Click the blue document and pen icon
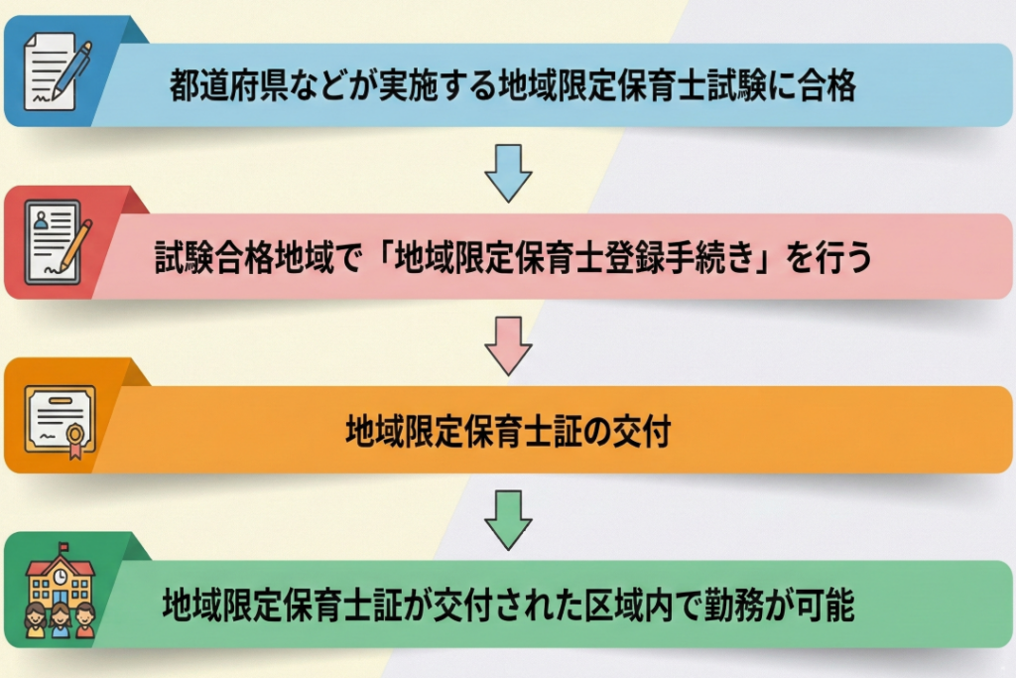click(57, 70)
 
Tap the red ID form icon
click(58, 242)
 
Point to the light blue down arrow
click(508, 173)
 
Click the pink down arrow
click(508, 345)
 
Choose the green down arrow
click(508, 520)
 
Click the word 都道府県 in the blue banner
click(229, 85)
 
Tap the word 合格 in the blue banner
click(826, 85)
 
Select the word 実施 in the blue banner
click(408, 85)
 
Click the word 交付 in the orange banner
click(642, 431)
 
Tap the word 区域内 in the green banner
click(630, 605)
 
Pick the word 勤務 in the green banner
click(734, 605)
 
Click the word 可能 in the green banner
click(825, 605)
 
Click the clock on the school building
click(60, 576)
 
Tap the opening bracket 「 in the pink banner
click(381, 257)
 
